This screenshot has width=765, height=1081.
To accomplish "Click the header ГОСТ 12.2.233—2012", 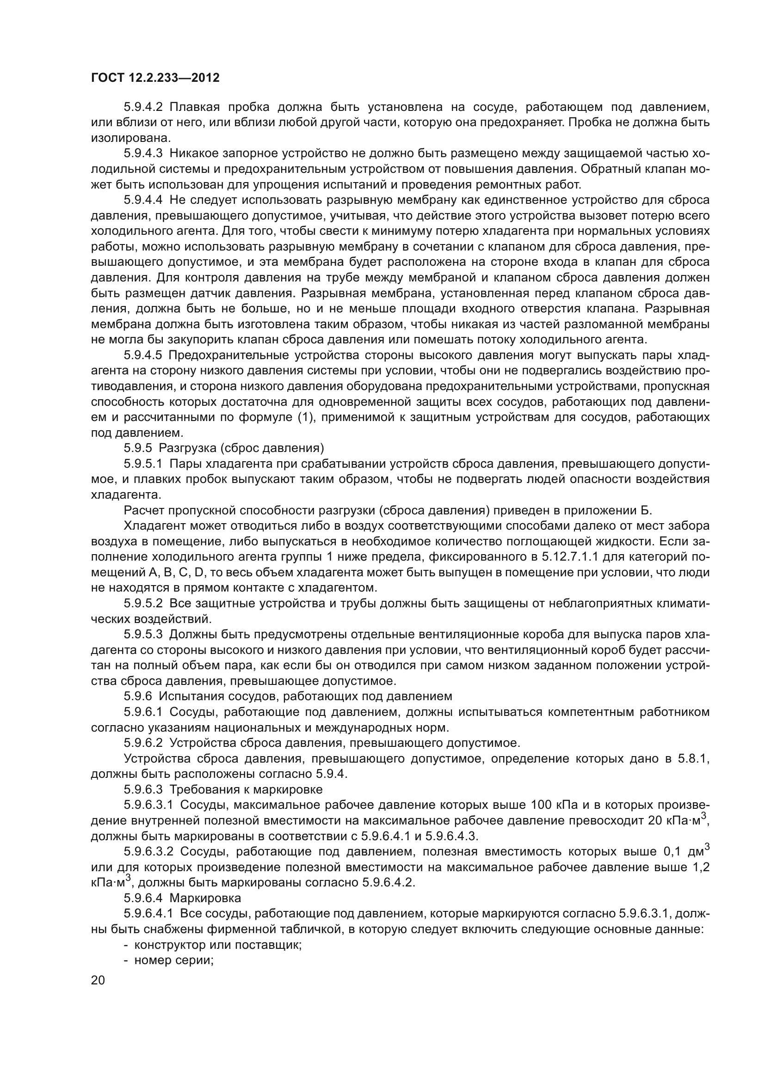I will [x=155, y=78].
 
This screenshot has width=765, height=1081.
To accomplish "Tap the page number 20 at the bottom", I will [x=98, y=980].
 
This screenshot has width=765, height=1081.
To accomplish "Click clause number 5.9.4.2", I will [x=143, y=107].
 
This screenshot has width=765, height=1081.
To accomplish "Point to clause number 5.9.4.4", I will [x=143, y=200].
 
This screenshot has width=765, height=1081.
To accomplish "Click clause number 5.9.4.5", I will [x=143, y=355].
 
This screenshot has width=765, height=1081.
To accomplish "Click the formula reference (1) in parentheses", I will [x=306, y=417].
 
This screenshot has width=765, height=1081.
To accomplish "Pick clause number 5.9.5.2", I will [x=143, y=603].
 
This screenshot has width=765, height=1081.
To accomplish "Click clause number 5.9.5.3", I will [x=143, y=634].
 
